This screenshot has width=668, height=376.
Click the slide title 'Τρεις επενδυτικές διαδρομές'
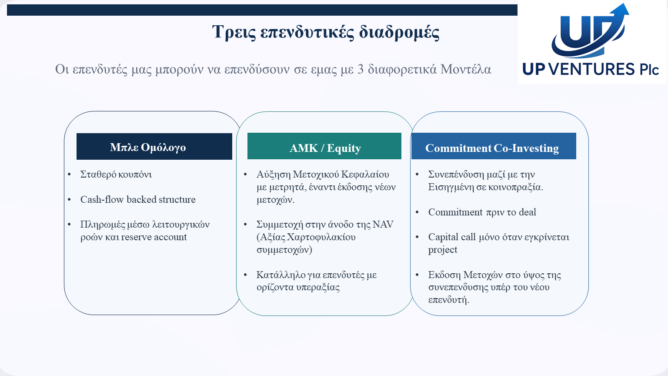point(326,32)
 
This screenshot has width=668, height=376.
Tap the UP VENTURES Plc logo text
point(591,69)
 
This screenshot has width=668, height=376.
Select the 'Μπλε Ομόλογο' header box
point(154,147)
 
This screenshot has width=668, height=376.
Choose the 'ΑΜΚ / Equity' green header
point(324,146)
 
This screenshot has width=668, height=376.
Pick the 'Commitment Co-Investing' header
point(494,146)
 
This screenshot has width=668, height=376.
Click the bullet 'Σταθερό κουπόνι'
point(116,174)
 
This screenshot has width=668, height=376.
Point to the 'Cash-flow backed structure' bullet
point(138,199)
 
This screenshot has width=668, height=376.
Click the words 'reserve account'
point(154,237)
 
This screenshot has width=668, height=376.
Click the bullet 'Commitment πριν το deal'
point(482,212)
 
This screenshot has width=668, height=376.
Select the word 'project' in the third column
point(443,250)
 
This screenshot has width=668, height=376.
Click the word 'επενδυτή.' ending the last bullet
point(449,300)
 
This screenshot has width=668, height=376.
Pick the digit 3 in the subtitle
point(360,69)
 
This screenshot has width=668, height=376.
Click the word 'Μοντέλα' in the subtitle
point(465,69)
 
